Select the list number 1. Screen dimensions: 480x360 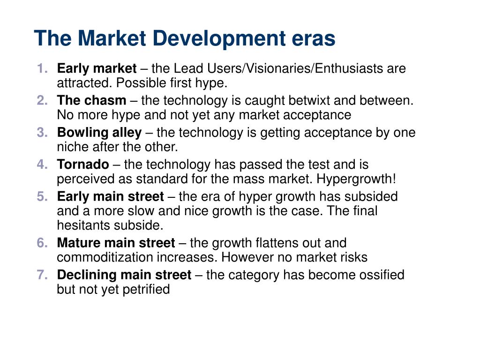[x=42, y=68]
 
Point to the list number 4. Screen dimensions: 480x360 [x=42, y=165]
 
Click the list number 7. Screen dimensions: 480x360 [x=42, y=275]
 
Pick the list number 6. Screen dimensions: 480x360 [x=42, y=243]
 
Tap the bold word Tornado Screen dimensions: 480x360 [x=83, y=165]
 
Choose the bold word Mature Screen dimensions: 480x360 [x=79, y=243]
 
